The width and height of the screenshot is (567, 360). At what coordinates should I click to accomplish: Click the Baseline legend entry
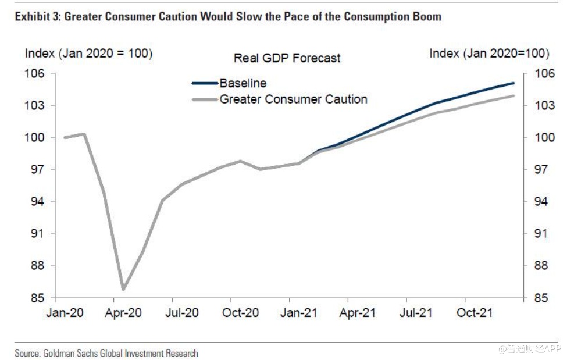pyautogui.click(x=243, y=83)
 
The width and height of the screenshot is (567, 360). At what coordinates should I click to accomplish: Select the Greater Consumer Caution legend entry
pyautogui.click(x=293, y=99)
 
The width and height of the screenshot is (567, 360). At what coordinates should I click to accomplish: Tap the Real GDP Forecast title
pyautogui.click(x=287, y=58)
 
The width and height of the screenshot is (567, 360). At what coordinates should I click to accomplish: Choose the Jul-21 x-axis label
pyautogui.click(x=416, y=313)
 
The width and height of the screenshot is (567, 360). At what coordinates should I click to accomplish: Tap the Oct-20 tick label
pyautogui.click(x=240, y=313)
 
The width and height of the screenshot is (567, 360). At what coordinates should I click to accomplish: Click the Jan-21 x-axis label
pyautogui.click(x=298, y=313)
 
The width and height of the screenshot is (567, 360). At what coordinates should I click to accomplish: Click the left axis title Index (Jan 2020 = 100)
pyautogui.click(x=88, y=54)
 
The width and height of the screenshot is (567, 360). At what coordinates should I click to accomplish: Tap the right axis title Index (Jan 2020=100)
pyautogui.click(x=489, y=54)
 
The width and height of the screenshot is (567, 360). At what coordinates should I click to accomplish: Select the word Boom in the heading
pyautogui.click(x=427, y=16)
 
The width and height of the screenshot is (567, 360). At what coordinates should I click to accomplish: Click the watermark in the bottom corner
pyautogui.click(x=526, y=349)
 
